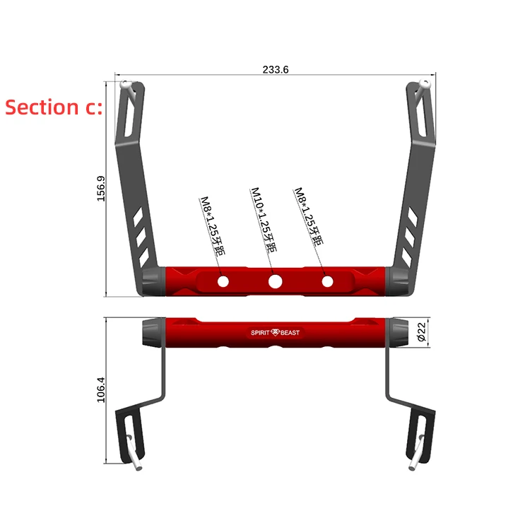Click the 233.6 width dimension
pos(276,69)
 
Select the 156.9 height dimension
pos(100,189)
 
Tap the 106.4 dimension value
pos(100,389)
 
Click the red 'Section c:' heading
pos(54,107)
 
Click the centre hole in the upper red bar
pos(276,282)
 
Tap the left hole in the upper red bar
pos(223,282)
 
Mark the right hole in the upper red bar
pos(327,282)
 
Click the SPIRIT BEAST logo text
pos(276,332)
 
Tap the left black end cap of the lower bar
pos(153,331)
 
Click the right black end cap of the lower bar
pos(399,331)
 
